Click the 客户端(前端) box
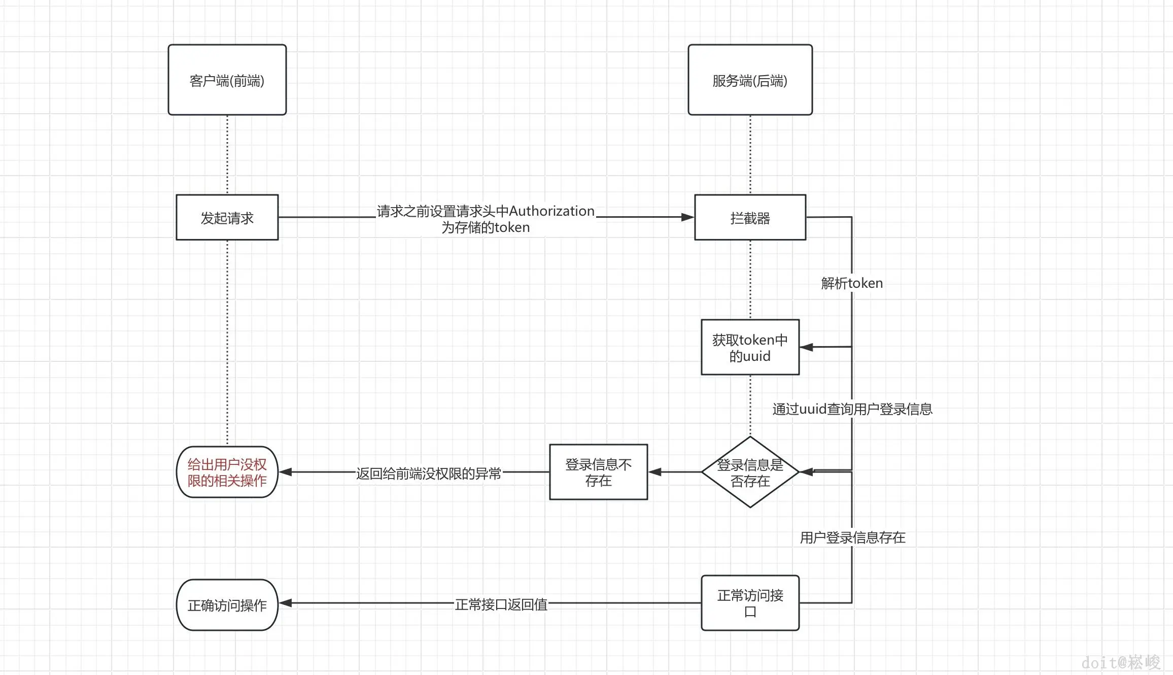(227, 80)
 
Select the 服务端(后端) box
(750, 80)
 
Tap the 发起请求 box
(227, 217)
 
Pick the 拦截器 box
(750, 217)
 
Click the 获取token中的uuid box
(750, 347)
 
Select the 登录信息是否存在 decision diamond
(750, 472)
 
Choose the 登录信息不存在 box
(598, 472)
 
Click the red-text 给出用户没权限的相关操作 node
(227, 472)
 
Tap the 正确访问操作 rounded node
(227, 605)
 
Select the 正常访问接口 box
(750, 603)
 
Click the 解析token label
(852, 283)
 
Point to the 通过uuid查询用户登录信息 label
(852, 409)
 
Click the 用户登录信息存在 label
(852, 537)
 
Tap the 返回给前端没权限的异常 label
(428, 474)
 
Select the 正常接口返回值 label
(501, 604)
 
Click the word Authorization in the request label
(551, 211)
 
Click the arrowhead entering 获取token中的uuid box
(806, 347)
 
